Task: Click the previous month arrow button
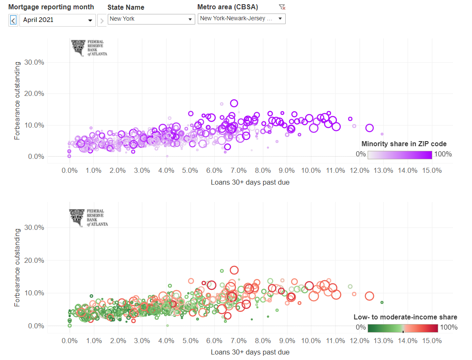(13, 20)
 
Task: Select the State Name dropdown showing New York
(151, 19)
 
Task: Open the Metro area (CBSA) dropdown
(241, 19)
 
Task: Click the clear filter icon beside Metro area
(282, 7)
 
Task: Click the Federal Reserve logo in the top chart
(89, 48)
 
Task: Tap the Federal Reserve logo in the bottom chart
(89, 218)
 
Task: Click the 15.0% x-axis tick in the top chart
(432, 171)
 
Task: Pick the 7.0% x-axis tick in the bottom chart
(239, 341)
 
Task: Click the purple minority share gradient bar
(400, 155)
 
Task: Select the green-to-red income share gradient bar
(403, 328)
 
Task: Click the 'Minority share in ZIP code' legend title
(404, 144)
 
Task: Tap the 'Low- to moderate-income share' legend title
(405, 317)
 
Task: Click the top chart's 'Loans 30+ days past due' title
(250, 182)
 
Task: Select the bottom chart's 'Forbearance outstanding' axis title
(17, 267)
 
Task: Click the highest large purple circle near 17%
(234, 103)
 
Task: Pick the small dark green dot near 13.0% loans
(382, 302)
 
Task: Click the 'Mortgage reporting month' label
(51, 7)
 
